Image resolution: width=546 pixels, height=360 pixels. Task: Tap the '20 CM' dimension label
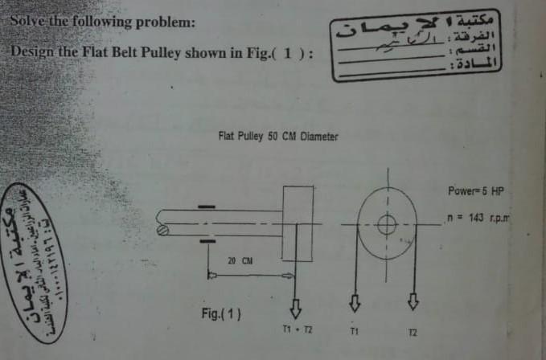tap(240, 260)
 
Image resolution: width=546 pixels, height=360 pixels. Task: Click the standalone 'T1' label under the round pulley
tap(354, 330)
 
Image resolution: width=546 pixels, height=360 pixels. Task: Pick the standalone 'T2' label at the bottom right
tap(413, 331)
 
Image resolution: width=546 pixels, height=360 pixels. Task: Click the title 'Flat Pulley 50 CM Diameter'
tap(278, 137)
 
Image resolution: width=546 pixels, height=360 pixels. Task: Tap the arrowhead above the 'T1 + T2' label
tap(294, 307)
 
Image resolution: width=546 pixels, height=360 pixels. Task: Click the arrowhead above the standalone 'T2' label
tap(414, 302)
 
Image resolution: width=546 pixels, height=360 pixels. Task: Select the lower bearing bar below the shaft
tap(207, 240)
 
